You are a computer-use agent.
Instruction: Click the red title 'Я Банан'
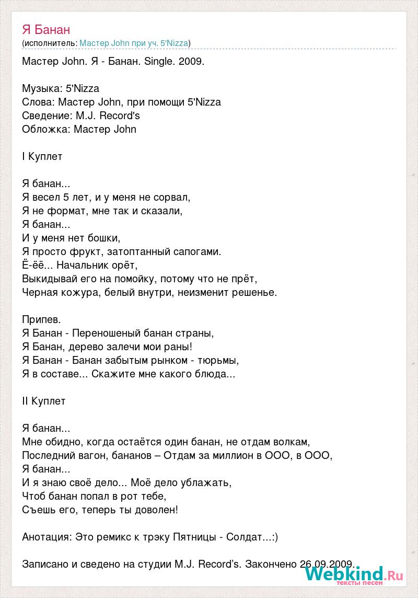(46, 29)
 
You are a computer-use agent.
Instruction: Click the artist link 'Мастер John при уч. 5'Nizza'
(134, 43)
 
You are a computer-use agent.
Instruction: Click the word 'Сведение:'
(44, 116)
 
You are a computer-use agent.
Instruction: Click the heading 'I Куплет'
(42, 156)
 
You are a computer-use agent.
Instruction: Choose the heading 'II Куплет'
(44, 401)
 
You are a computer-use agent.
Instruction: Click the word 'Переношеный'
(106, 333)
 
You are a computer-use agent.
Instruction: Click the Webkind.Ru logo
(354, 576)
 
